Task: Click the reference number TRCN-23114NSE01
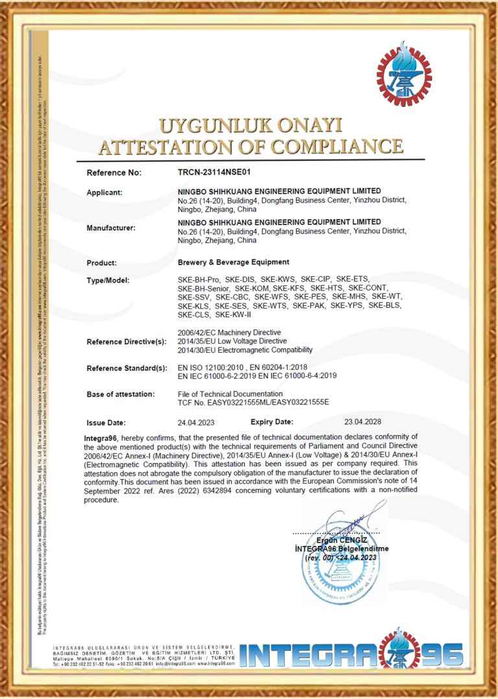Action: point(213,173)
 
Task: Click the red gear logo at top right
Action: point(403,73)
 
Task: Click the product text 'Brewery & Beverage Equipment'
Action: point(233,262)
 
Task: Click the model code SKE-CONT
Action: point(368,288)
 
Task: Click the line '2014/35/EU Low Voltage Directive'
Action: point(232,340)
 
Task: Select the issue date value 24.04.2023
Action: point(195,422)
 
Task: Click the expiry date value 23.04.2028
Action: point(362,421)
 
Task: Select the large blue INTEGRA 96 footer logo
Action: point(351,655)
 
